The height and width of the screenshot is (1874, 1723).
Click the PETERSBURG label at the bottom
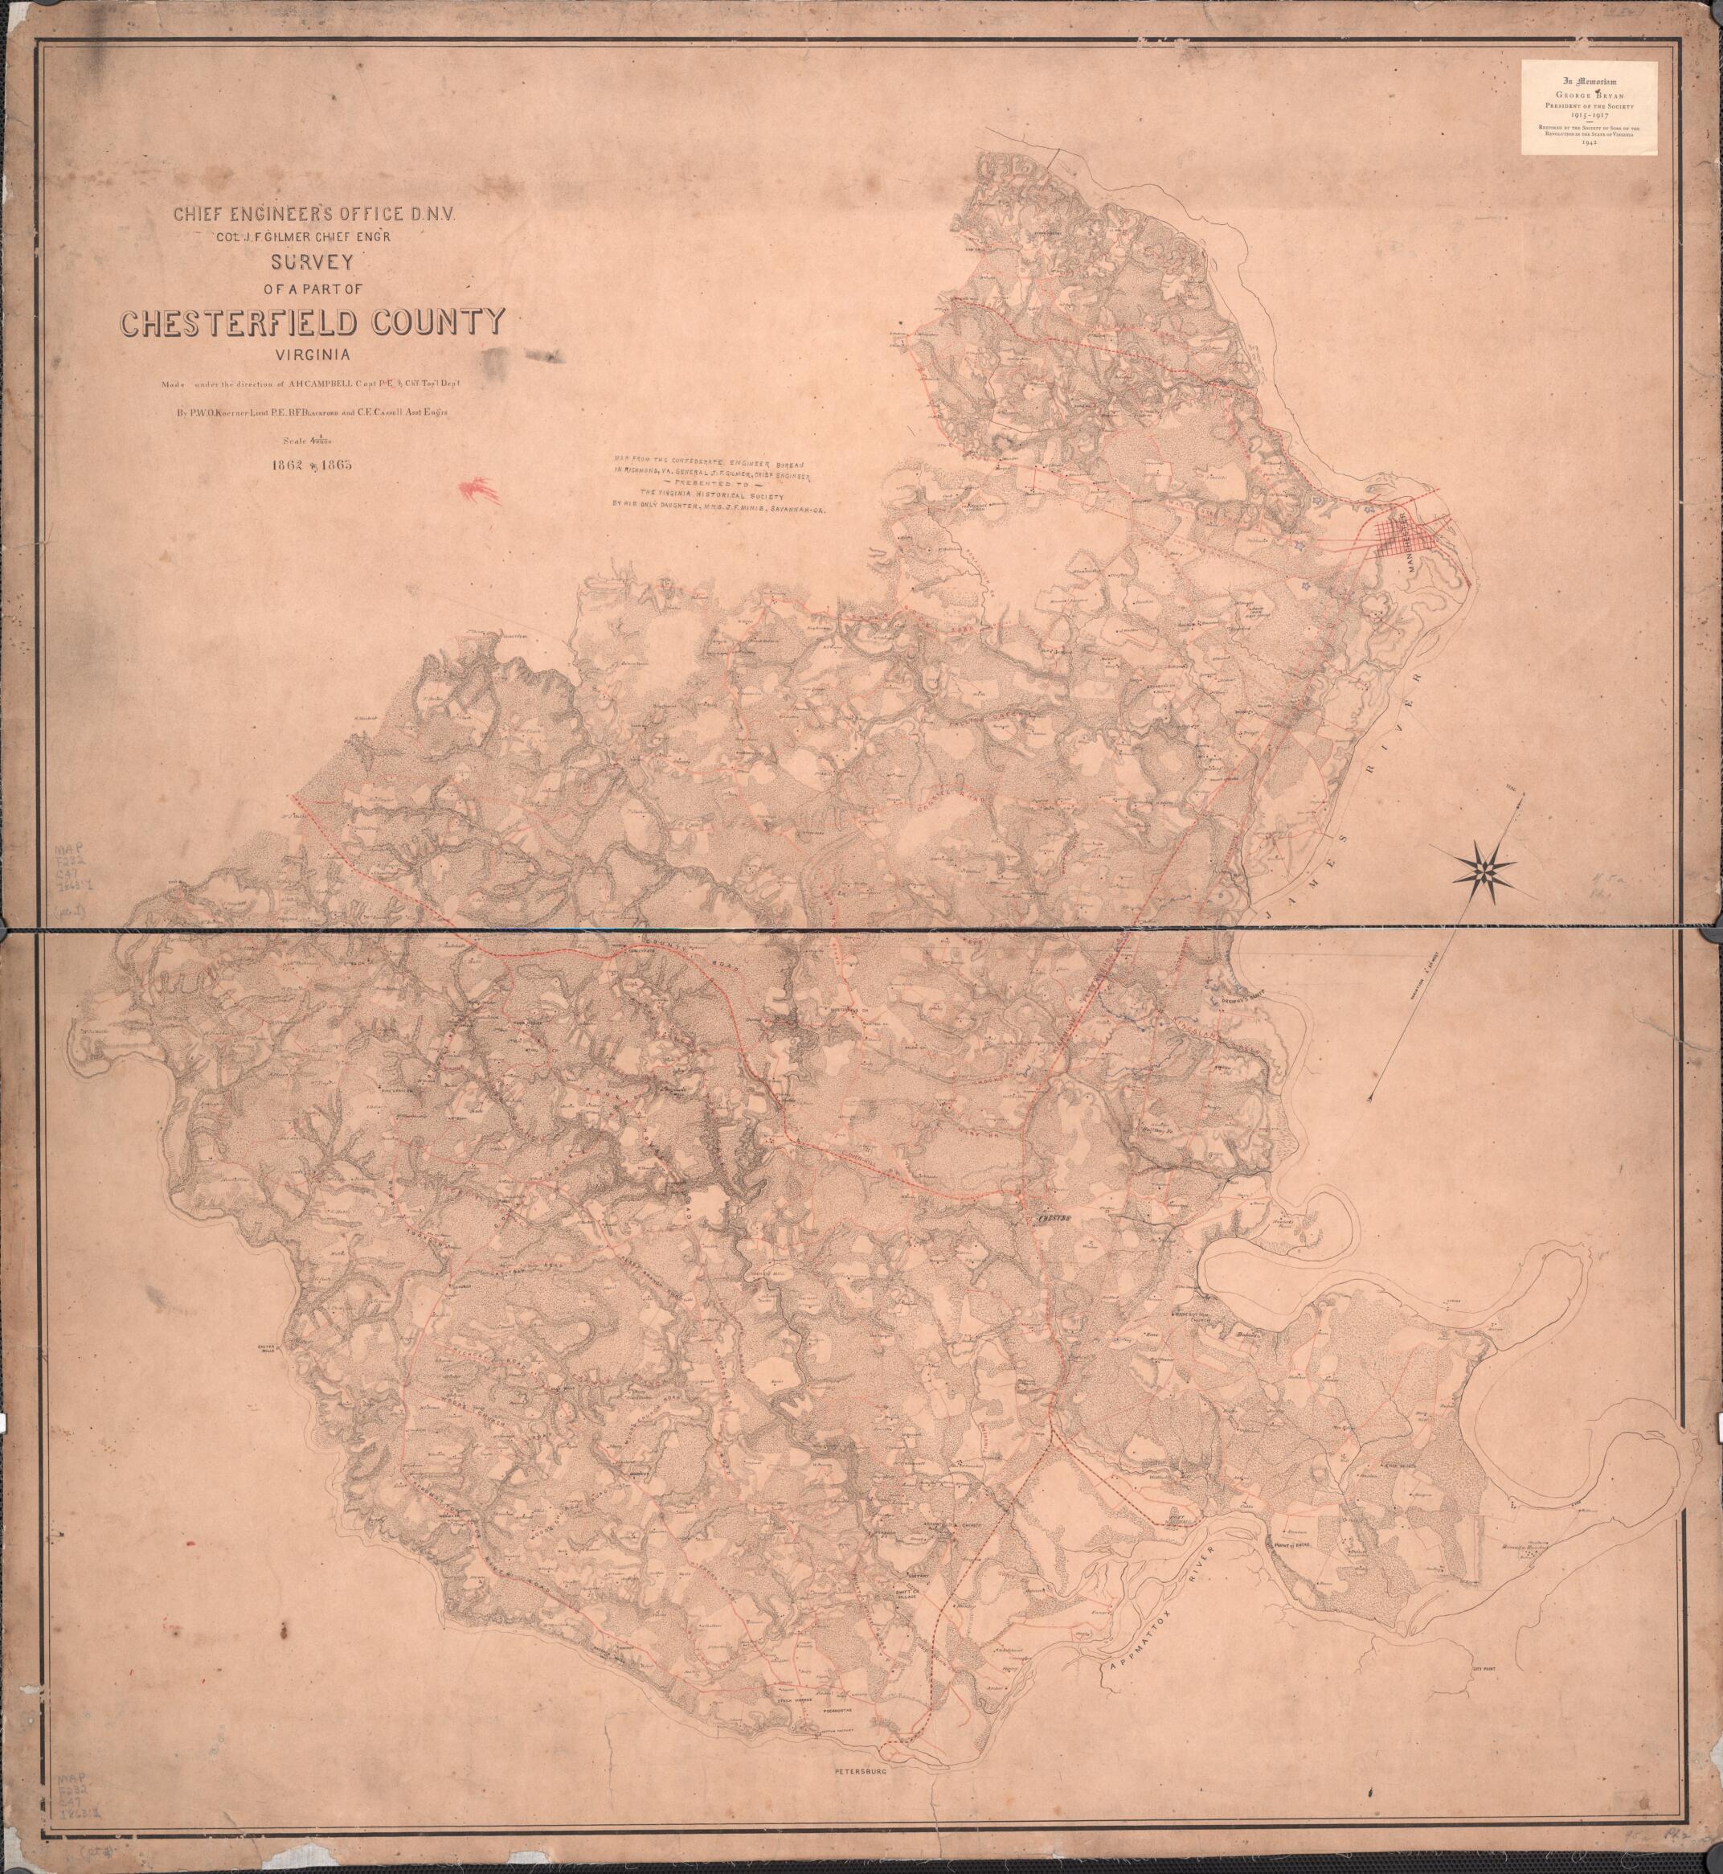tap(861, 1767)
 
